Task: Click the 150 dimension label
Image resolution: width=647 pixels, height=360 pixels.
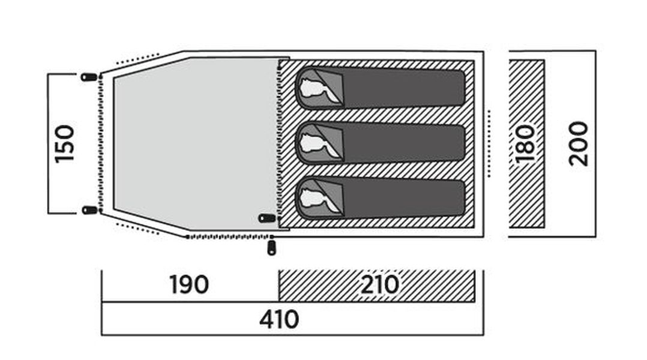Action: (x=65, y=144)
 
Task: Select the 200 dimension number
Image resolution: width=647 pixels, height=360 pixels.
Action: (x=577, y=144)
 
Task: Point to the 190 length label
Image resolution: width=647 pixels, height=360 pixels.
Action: (x=189, y=284)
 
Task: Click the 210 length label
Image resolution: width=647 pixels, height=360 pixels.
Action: (x=380, y=284)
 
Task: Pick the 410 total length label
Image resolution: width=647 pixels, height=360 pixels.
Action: (x=279, y=320)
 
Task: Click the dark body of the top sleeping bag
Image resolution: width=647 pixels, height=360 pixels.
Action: (x=403, y=88)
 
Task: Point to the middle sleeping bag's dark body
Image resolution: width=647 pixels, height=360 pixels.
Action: (x=403, y=143)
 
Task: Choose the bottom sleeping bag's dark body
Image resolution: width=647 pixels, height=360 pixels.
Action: (x=403, y=198)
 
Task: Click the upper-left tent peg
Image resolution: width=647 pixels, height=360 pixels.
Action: (x=89, y=77)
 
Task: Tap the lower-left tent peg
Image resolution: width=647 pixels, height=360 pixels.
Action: (x=89, y=211)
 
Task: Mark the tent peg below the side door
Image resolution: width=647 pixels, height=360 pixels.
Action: (x=271, y=248)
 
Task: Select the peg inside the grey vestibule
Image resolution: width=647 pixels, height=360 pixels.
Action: (x=266, y=218)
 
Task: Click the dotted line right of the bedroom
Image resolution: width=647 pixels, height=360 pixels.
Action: (x=489, y=143)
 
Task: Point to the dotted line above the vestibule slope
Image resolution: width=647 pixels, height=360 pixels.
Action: (x=137, y=59)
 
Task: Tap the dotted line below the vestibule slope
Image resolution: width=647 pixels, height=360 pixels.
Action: (x=137, y=229)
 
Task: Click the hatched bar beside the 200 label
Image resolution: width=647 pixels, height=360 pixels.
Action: (x=526, y=143)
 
